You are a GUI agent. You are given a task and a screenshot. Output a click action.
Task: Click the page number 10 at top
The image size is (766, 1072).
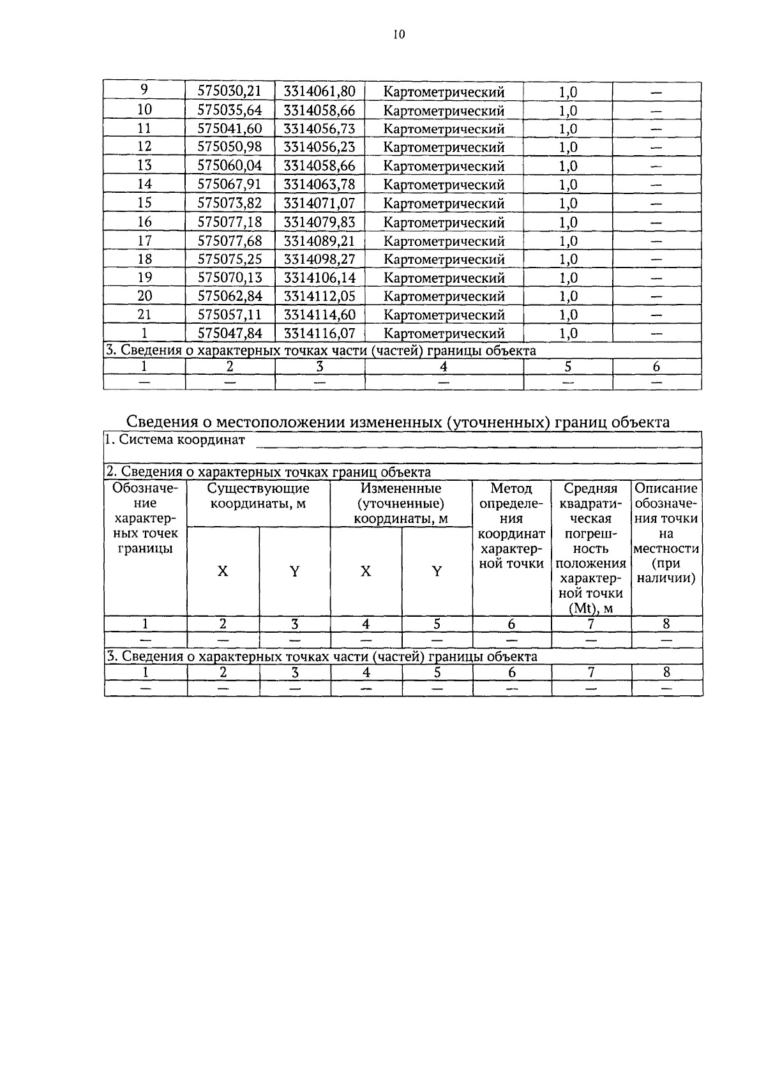coord(399,34)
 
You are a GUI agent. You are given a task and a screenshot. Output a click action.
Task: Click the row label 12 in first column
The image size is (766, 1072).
coord(145,147)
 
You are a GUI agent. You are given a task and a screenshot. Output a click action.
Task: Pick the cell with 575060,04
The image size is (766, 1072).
coord(230,166)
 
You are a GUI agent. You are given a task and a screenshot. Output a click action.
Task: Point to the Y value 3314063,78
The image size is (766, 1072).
coord(319,185)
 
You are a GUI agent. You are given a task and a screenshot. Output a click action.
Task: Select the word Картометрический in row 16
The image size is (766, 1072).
coord(444,222)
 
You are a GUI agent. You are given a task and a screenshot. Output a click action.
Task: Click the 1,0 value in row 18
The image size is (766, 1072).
coord(567,259)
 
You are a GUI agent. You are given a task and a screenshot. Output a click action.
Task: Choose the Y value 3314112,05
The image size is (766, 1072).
coord(319,296)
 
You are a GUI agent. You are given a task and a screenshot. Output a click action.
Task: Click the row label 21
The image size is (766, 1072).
coord(145,315)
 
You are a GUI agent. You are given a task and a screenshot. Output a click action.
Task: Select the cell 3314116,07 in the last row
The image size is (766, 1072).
coord(319,333)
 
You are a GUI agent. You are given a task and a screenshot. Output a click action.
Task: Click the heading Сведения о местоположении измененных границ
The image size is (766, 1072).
coord(398,422)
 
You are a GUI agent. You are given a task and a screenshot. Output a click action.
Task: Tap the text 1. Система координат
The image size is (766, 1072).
coord(176,440)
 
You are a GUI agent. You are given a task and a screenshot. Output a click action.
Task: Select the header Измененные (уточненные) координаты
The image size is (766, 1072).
coord(401,504)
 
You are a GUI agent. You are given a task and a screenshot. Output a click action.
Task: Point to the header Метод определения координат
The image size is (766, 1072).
coord(511,526)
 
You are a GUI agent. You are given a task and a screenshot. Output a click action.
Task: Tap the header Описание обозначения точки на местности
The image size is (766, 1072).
coord(666,533)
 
